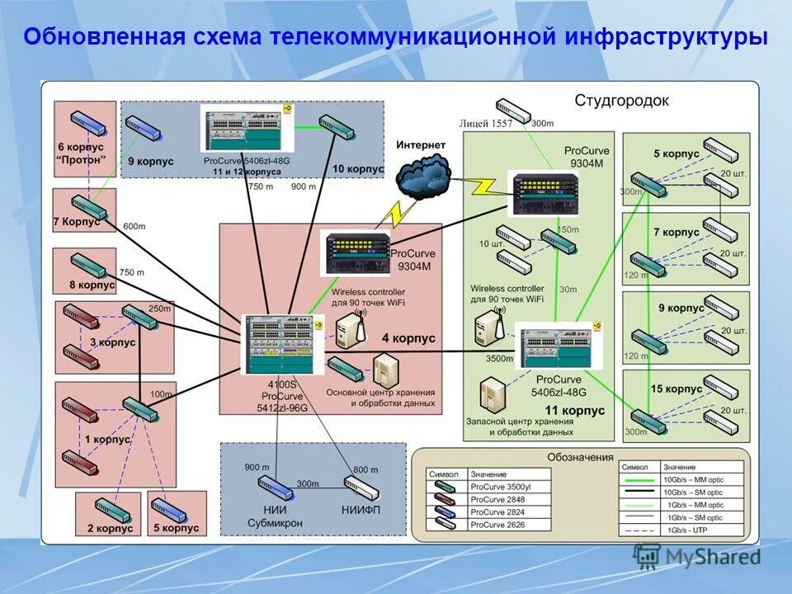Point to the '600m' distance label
134,226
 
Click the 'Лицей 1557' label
491,124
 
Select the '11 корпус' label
575,410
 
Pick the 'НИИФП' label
361,511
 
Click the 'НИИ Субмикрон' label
275,516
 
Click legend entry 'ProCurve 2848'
499,499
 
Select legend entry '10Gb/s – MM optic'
694,479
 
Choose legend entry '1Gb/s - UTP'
687,530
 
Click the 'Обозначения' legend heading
580,457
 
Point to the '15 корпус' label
676,389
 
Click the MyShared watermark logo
697,557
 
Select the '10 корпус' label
358,168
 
